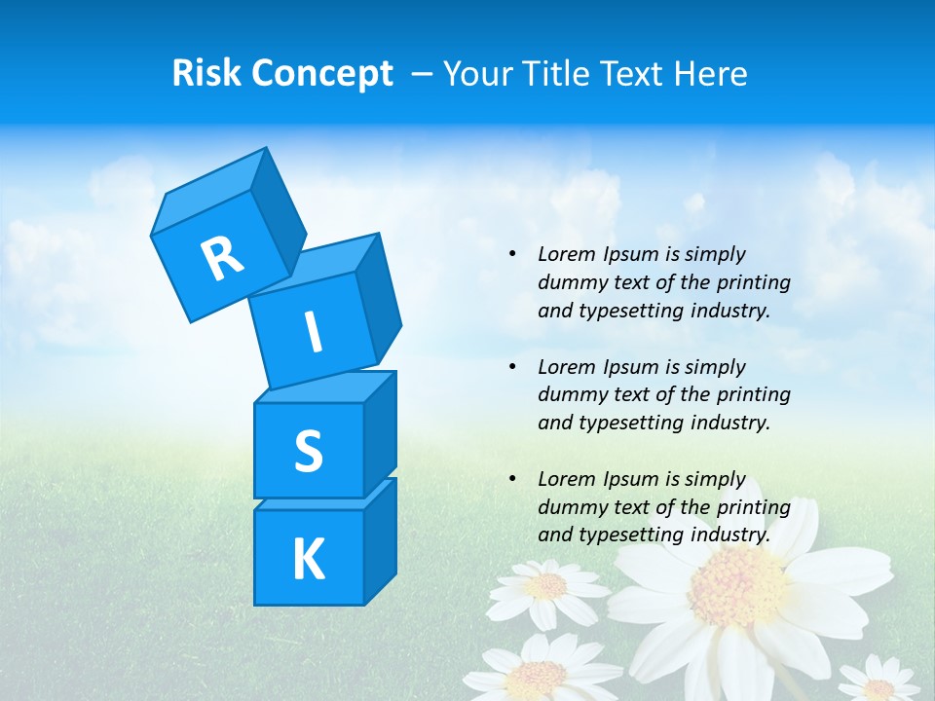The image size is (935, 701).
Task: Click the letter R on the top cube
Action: click(222, 258)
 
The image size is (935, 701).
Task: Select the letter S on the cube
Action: click(308, 452)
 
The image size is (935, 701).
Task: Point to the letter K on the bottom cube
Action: click(308, 560)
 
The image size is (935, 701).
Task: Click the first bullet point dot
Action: click(512, 255)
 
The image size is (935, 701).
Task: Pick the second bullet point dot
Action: click(512, 367)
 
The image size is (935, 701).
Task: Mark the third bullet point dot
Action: click(512, 479)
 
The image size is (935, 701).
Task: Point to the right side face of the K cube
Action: click(380, 540)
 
